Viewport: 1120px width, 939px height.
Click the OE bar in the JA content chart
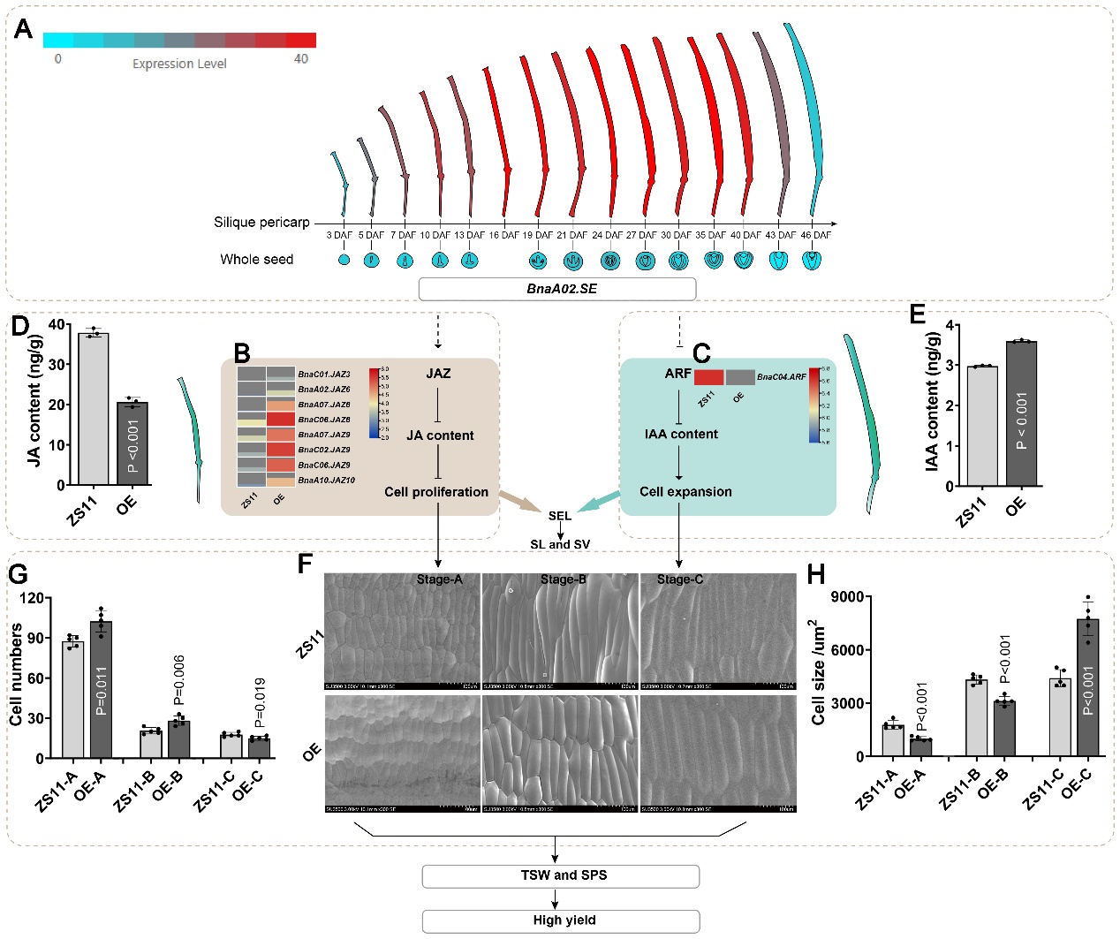[x=132, y=442]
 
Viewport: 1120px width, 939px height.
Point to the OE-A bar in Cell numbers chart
[x=101, y=689]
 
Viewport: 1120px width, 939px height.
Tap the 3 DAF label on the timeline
[x=339, y=235]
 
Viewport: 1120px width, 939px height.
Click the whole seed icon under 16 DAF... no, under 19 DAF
[x=538, y=261]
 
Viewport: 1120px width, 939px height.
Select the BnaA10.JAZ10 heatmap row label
[x=326, y=480]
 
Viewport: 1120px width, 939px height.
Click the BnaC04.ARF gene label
[x=781, y=376]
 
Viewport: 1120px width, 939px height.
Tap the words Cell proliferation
[x=436, y=492]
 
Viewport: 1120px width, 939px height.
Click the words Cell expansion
[x=685, y=492]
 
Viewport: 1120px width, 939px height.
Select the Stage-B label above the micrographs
[x=563, y=579]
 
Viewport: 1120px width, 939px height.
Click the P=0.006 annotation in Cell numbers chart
[x=179, y=680]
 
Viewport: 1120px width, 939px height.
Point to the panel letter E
[x=917, y=314]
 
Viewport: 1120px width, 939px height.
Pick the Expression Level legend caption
[x=179, y=64]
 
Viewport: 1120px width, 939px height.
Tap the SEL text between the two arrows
[x=559, y=516]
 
